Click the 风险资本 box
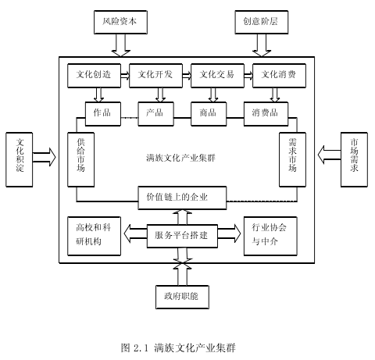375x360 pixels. tap(120, 22)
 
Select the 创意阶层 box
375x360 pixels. tap(262, 22)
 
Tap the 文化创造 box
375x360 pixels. tap(94, 76)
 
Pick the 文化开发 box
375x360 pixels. tap(155, 76)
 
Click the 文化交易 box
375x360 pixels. tap(217, 76)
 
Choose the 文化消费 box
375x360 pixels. tap(279, 76)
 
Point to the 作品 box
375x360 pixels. tap(103, 114)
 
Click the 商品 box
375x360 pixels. tap(209, 114)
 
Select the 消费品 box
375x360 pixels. tap(266, 114)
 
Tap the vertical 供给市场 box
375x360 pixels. tap(80, 159)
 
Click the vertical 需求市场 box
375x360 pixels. tap(292, 159)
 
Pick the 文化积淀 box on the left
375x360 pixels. tap(20, 159)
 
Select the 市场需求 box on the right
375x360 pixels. tap(354, 159)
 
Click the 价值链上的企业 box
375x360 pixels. tap(182, 198)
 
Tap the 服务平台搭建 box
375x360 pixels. tap(182, 236)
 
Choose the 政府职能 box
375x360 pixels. tap(182, 297)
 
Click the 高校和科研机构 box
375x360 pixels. tap(94, 236)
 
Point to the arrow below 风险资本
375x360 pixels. tap(120, 45)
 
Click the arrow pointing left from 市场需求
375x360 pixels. tap(329, 155)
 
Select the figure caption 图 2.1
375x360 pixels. tap(134, 348)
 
